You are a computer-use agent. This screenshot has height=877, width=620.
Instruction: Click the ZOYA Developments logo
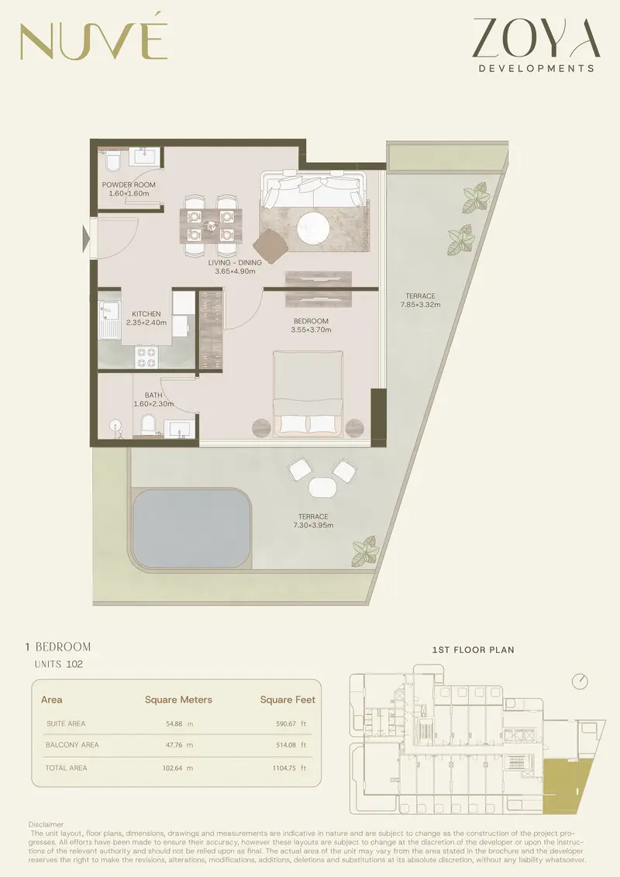(x=536, y=45)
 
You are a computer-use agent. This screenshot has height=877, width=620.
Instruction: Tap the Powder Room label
(x=129, y=185)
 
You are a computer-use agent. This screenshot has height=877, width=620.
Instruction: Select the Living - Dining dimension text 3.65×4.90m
(x=235, y=272)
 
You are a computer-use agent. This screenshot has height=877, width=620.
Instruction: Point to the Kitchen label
(x=146, y=314)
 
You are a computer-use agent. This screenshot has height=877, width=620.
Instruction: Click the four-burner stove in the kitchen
(x=146, y=357)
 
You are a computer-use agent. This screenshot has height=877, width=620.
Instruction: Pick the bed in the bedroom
(x=308, y=393)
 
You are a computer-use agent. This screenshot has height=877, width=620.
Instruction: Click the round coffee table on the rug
(x=317, y=228)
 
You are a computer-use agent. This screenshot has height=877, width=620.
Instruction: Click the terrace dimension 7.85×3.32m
(x=420, y=305)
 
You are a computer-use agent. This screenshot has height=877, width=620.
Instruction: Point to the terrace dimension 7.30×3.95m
(x=313, y=525)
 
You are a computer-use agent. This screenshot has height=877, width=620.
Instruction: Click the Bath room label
(x=153, y=395)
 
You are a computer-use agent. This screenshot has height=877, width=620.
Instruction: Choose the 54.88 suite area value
(x=174, y=723)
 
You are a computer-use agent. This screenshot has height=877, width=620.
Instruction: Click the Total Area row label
(x=66, y=768)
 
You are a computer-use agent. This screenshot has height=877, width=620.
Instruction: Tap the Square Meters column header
(x=178, y=699)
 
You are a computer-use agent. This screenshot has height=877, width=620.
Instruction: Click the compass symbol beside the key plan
(x=580, y=682)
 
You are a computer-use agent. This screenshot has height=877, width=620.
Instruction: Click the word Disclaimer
(x=46, y=824)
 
